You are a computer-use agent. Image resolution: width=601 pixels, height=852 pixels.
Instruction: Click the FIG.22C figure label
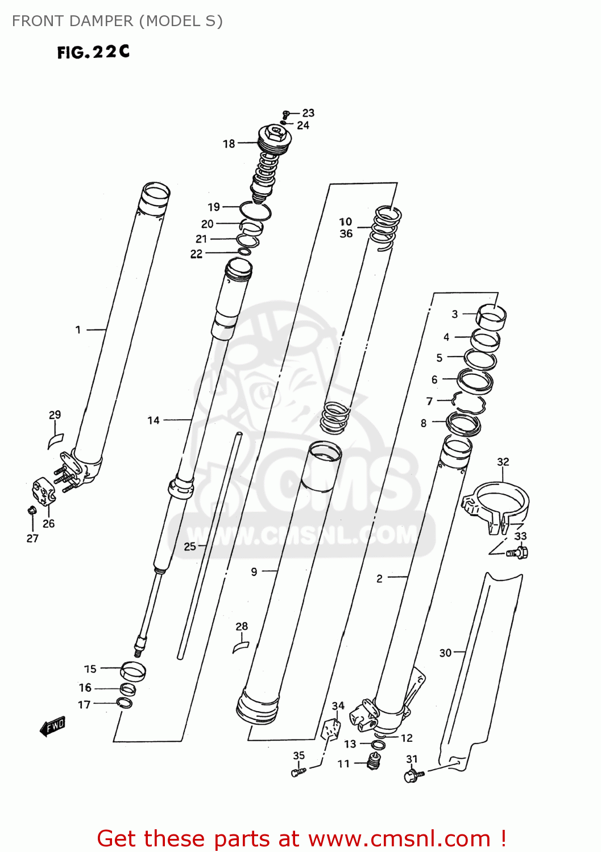click(x=93, y=52)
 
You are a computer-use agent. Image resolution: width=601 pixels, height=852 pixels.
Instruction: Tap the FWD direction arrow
click(x=53, y=726)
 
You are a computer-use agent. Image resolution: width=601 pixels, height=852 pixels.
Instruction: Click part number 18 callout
click(x=229, y=144)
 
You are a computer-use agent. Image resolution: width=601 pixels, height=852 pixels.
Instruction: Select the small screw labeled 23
click(x=287, y=114)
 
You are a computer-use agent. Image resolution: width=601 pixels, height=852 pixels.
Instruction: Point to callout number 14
click(x=154, y=420)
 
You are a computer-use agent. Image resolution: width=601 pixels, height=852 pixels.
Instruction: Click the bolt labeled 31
click(x=413, y=775)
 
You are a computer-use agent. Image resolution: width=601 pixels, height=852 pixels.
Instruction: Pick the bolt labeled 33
click(x=519, y=552)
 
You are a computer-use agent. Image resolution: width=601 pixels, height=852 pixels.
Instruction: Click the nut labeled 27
click(x=32, y=509)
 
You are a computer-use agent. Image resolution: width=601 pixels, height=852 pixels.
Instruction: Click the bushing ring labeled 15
click(x=133, y=670)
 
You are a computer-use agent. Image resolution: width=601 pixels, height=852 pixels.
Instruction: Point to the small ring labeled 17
click(x=124, y=703)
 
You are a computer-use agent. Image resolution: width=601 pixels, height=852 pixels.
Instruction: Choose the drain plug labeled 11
click(x=374, y=761)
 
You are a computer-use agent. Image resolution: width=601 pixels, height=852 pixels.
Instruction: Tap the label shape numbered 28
click(x=241, y=646)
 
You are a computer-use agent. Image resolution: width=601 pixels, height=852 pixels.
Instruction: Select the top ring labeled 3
click(x=492, y=316)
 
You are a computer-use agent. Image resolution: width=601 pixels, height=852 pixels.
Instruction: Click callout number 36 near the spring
click(x=346, y=233)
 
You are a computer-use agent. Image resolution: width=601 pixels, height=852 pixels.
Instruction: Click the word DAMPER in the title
click(x=100, y=21)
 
